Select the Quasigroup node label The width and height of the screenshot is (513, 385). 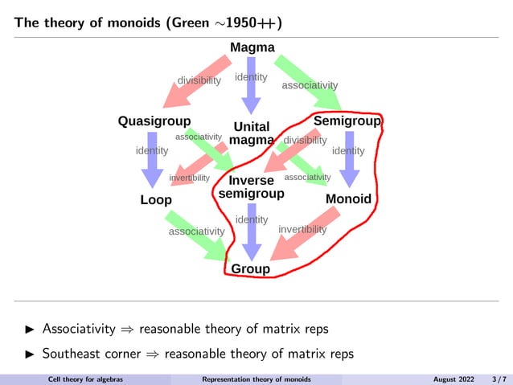[x=154, y=121]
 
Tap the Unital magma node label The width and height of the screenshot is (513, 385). [x=251, y=133]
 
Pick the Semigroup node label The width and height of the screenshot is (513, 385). [x=347, y=121]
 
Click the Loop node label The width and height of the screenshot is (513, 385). [x=156, y=199]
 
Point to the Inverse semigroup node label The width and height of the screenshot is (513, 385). [x=252, y=187]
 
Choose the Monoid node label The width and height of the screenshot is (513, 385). [x=348, y=199]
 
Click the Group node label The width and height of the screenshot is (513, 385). [x=251, y=268]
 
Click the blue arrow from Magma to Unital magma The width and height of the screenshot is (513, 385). [x=252, y=92]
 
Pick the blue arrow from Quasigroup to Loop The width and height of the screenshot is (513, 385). [x=151, y=161]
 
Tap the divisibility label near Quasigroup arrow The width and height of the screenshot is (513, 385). [x=199, y=80]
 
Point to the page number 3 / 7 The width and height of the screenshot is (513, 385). [x=499, y=379]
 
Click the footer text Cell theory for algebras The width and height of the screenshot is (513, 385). [x=85, y=379]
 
